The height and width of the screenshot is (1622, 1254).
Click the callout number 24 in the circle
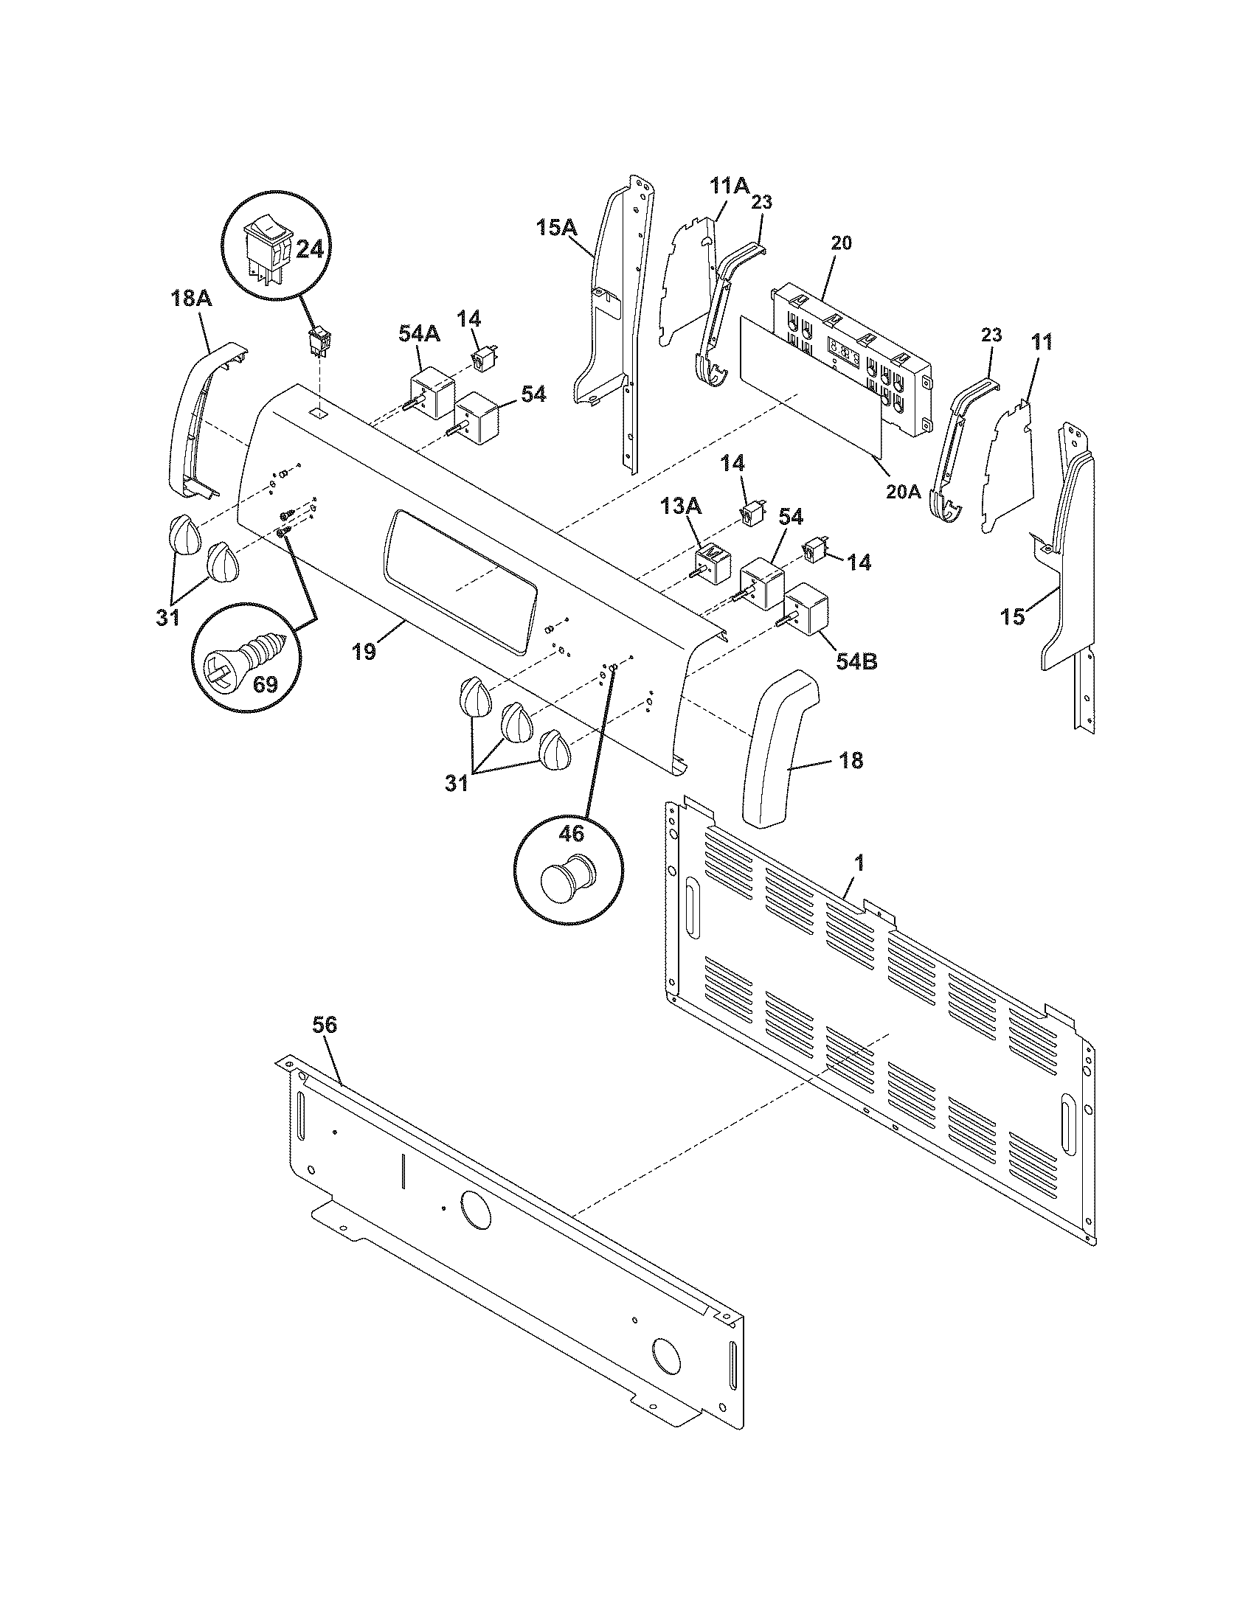[x=309, y=248]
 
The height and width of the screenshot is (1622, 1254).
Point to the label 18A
[x=190, y=299]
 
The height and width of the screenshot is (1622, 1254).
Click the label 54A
[x=419, y=333]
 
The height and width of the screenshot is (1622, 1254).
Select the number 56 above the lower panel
[x=325, y=1025]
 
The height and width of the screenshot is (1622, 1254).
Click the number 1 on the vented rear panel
[x=859, y=863]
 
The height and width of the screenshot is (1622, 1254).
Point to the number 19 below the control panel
[x=364, y=651]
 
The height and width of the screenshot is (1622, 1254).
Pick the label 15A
[x=557, y=227]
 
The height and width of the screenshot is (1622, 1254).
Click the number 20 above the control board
[x=841, y=243]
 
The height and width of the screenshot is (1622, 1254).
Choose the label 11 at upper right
[x=1042, y=342]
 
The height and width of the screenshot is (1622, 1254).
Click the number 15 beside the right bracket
[x=1013, y=616]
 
